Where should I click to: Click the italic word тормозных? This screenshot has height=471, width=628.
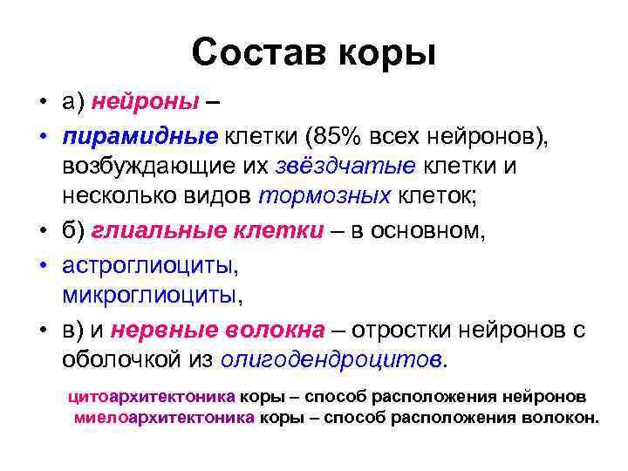[x=325, y=195]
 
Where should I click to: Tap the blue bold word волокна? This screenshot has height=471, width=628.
[x=277, y=329]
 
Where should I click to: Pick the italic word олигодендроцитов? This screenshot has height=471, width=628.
[x=331, y=358]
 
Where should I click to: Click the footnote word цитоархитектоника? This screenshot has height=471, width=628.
[x=152, y=396]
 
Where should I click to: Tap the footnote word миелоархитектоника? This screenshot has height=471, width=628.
[x=165, y=416]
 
